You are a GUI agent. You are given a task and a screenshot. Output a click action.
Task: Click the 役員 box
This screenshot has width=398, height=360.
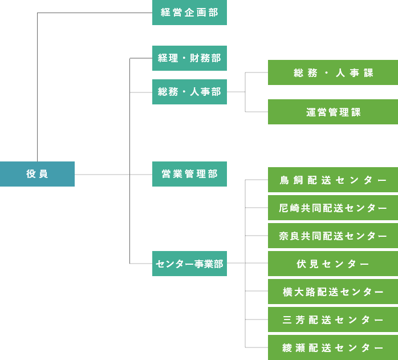37,174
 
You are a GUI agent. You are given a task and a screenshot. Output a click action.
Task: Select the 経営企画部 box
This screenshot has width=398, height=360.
189,13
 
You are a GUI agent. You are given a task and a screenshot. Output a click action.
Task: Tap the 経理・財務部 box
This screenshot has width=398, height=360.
189,58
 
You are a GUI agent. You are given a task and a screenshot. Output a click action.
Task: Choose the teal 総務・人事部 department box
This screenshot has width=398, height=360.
189,92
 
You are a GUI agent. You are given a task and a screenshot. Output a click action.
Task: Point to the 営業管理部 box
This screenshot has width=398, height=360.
189,174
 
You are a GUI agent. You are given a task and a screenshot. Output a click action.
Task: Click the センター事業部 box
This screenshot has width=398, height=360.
189,264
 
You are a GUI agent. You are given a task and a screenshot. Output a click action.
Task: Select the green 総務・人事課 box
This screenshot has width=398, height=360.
333,72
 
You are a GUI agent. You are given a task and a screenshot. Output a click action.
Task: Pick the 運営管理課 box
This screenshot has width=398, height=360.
333,112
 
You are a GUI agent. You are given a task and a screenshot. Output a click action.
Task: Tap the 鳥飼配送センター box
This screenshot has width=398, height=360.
333,180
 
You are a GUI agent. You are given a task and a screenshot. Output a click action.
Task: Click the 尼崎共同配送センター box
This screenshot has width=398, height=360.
333,208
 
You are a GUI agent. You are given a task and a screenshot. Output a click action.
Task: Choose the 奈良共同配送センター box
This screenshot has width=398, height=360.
333,236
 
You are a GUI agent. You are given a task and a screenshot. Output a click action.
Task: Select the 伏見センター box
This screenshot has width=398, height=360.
333,264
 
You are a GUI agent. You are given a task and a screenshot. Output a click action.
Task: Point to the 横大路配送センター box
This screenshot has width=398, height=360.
333,292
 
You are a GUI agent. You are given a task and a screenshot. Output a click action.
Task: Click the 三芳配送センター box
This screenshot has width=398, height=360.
333,319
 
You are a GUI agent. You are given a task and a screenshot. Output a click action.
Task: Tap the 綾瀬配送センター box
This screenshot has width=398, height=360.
333,347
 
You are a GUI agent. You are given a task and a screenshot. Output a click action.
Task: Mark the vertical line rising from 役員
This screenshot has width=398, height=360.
37,86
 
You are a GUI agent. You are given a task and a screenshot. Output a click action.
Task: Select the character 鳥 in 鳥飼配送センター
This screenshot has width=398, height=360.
285,180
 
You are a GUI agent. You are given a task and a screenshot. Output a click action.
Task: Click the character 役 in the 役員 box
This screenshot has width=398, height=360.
31,174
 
